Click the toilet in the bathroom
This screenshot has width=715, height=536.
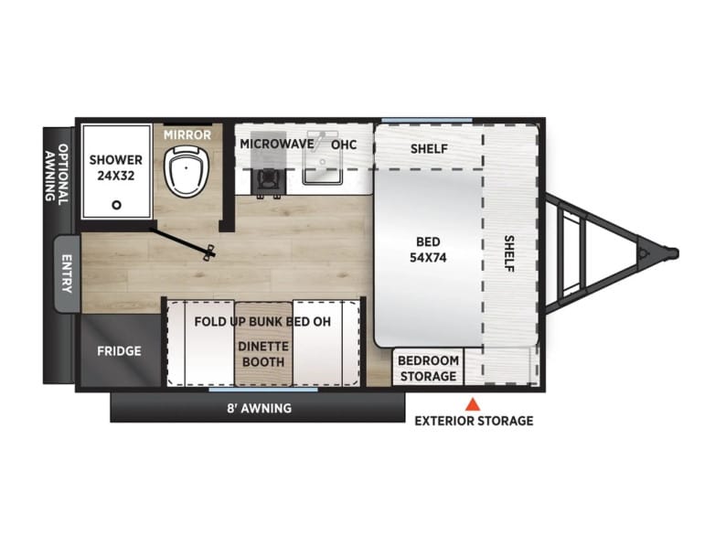(x=186, y=171)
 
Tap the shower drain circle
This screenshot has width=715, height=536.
(x=117, y=205)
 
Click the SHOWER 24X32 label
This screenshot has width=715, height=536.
(x=116, y=167)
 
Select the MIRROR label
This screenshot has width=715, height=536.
(x=187, y=135)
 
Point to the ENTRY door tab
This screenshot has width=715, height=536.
(x=67, y=273)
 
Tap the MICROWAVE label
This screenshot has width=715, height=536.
(x=277, y=145)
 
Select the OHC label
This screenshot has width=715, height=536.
(x=344, y=145)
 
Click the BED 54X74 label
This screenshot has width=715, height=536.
(x=428, y=250)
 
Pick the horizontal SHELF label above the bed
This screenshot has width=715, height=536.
(x=429, y=149)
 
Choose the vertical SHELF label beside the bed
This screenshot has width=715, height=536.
(x=509, y=253)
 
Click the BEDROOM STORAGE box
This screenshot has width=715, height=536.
(x=428, y=368)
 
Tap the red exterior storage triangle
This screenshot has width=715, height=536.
(x=473, y=404)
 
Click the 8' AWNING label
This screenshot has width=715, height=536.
(x=260, y=408)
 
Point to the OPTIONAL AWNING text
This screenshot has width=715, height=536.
(x=57, y=173)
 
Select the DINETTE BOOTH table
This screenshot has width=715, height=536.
(x=263, y=343)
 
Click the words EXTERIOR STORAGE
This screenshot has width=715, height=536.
(x=474, y=421)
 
